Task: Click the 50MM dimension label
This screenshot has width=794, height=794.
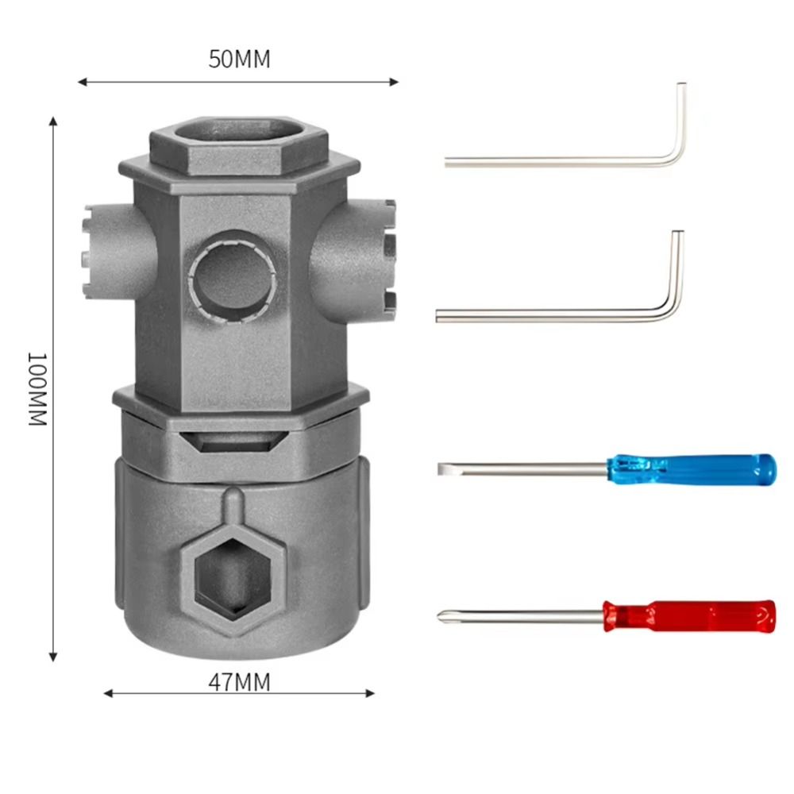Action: click(x=239, y=60)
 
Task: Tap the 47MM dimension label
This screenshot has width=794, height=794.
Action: click(x=239, y=681)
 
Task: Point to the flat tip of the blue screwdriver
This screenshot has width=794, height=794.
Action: click(x=441, y=469)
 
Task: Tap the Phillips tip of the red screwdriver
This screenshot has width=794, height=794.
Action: click(x=442, y=615)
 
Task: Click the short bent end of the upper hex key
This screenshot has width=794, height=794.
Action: click(x=680, y=119)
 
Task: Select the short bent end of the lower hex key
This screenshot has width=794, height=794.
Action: click(x=676, y=270)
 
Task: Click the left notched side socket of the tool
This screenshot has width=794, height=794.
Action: click(x=95, y=236)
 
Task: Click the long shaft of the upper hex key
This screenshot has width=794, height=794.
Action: click(x=556, y=163)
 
